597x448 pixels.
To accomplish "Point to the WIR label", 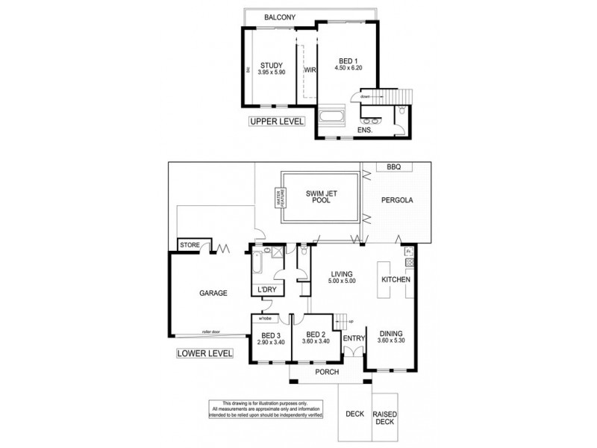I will click(x=309, y=70).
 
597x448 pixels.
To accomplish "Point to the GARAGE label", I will click(x=213, y=293).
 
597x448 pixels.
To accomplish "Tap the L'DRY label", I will click(x=266, y=290).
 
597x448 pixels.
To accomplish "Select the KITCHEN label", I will click(x=396, y=279).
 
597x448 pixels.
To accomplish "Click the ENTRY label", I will click(x=352, y=338).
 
